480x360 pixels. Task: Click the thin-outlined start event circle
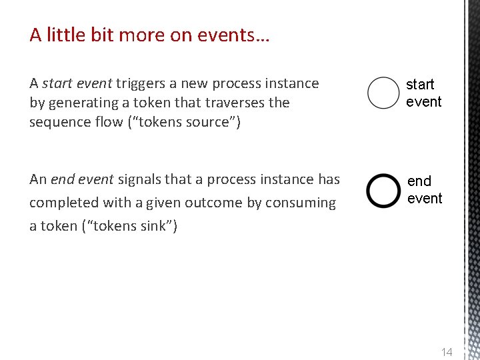pyautogui.click(x=383, y=93)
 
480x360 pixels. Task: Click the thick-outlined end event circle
pyautogui.click(x=383, y=191)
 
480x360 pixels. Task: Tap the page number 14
pyautogui.click(x=446, y=352)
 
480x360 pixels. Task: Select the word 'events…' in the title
pyautogui.click(x=241, y=35)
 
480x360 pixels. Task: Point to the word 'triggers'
pyautogui.click(x=142, y=83)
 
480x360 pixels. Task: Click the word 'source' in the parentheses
pyautogui.click(x=209, y=122)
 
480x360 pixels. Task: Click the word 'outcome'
pyautogui.click(x=211, y=203)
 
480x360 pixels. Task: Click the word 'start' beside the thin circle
pyautogui.click(x=420, y=85)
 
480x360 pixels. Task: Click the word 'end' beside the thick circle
pyautogui.click(x=419, y=181)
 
